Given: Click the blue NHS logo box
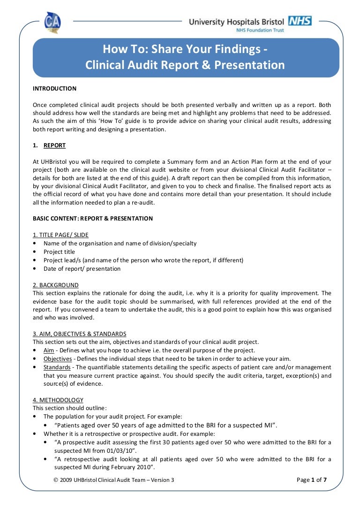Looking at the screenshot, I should click(x=300, y=21).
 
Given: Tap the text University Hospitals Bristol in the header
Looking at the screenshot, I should click(x=236, y=22).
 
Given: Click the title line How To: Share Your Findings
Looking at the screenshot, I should click(x=185, y=50).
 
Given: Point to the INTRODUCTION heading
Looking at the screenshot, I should click(x=54, y=89).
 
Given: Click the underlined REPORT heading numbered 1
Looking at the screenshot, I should click(x=54, y=145).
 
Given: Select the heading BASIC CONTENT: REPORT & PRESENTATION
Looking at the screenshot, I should click(x=92, y=219).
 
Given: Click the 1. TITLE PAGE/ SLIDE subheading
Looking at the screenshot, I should click(x=60, y=235).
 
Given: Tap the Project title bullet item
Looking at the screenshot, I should click(x=60, y=252).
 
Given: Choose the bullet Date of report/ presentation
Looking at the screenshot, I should click(x=82, y=269).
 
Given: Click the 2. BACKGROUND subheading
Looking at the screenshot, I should click(x=55, y=285).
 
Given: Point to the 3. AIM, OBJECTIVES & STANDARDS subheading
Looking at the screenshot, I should click(x=79, y=334).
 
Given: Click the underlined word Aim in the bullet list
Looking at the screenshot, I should click(x=49, y=350).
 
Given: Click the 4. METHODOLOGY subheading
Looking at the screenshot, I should click(x=58, y=400).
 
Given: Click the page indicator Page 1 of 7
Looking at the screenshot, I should click(x=312, y=480).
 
